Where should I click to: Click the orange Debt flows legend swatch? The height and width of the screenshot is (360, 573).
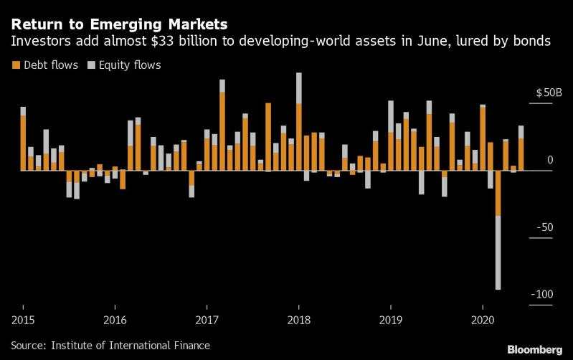(16, 65)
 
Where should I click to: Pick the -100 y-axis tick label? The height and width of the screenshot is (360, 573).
(541, 295)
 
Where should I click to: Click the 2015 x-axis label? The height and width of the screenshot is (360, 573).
(23, 318)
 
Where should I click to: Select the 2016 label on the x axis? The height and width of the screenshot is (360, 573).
(115, 318)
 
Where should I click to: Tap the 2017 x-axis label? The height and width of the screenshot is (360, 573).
(207, 318)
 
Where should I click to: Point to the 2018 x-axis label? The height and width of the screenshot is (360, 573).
(298, 318)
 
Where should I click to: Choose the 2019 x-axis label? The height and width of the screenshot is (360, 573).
(390, 318)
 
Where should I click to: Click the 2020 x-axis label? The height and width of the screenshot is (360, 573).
(482, 318)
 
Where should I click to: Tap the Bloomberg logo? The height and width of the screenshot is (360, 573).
(534, 349)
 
